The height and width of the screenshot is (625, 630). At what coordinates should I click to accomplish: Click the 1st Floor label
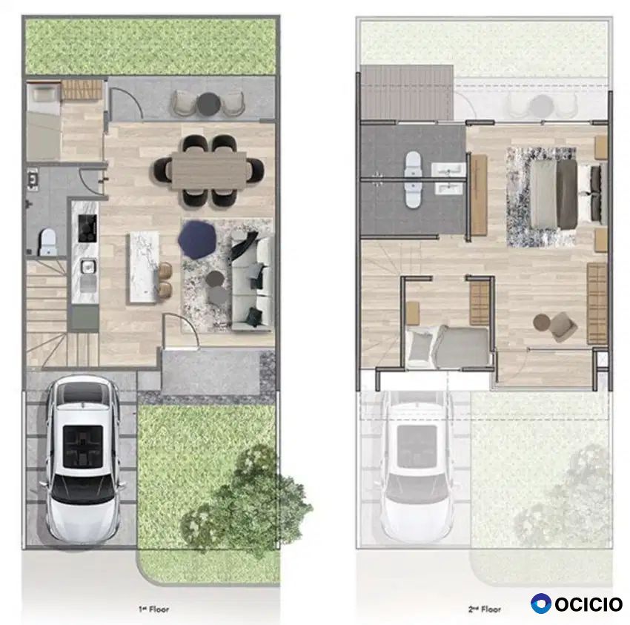tap(154, 609)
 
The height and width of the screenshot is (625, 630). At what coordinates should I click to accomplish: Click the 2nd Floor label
tap(485, 609)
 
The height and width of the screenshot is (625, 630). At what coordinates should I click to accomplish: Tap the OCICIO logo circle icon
tap(541, 603)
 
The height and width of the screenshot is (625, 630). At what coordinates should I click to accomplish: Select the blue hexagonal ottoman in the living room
tap(197, 239)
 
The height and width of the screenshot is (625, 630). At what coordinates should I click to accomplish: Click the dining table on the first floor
tap(209, 171)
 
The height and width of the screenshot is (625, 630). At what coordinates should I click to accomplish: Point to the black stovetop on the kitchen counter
tap(87, 228)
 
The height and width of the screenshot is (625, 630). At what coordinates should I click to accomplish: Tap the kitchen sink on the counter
tap(87, 267)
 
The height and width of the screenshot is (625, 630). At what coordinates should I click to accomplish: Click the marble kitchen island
tap(144, 268)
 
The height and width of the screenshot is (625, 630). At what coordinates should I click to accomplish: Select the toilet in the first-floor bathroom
tap(47, 242)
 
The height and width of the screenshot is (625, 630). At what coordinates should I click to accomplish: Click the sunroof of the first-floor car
tap(83, 446)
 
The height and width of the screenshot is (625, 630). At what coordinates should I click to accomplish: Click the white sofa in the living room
tap(252, 282)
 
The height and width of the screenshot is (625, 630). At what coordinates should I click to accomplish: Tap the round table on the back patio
tap(208, 103)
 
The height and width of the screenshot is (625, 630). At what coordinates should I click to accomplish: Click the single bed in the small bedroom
tap(448, 346)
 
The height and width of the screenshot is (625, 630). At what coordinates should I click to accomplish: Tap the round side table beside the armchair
tap(542, 323)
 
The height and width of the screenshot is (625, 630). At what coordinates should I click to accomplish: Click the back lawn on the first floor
tap(150, 47)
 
